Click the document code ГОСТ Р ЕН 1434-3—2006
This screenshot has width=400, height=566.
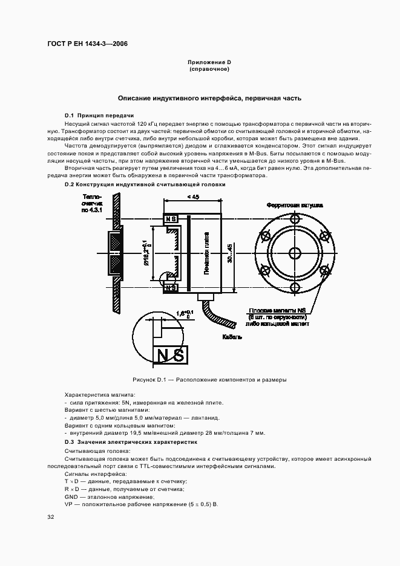(87, 44)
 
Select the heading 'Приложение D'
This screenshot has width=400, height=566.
(209, 62)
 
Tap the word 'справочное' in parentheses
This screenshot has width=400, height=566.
(209, 69)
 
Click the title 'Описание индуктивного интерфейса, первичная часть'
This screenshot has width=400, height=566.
(209, 98)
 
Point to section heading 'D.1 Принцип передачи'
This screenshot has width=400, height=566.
(99, 115)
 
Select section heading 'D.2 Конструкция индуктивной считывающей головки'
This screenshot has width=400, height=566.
(145, 184)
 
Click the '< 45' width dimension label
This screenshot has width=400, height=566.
(193, 197)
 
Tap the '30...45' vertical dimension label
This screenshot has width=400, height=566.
(229, 251)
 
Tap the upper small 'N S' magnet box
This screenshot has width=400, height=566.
(171, 218)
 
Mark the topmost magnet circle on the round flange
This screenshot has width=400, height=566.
(295, 218)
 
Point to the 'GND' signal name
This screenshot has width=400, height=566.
(71, 496)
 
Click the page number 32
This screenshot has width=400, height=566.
(50, 517)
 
